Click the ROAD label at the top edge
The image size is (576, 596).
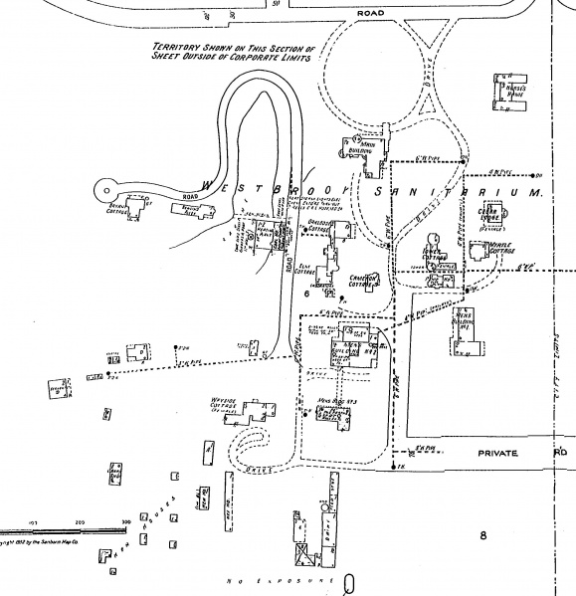point(369,13)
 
